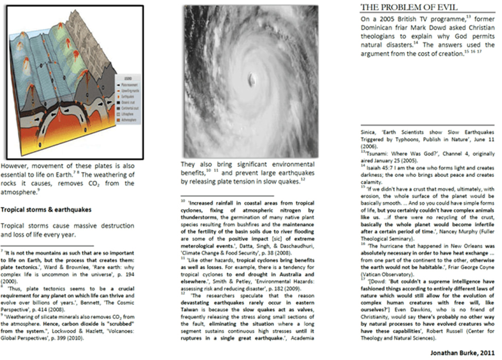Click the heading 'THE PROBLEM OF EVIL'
coord(409,7)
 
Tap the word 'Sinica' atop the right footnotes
coord(368,132)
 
